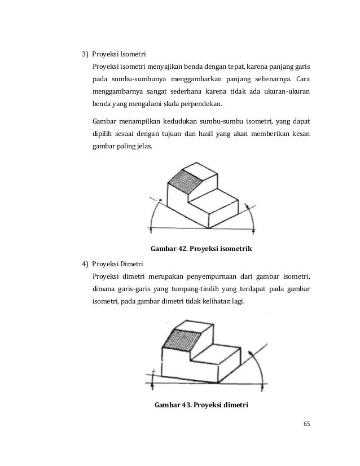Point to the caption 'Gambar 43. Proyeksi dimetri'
[x=201, y=404]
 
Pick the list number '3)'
[x=85, y=55]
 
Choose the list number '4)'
[x=85, y=263]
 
